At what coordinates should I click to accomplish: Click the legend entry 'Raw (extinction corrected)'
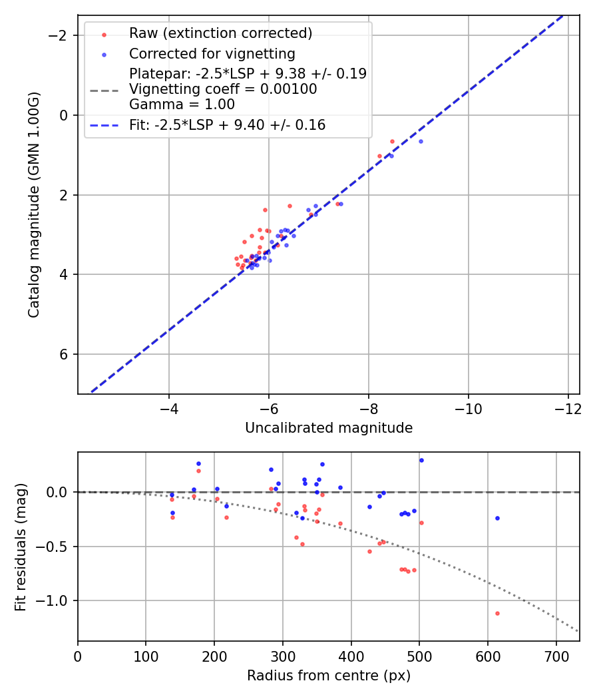220,33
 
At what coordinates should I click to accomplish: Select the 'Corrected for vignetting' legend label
212,54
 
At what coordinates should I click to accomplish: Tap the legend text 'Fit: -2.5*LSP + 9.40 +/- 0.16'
228,124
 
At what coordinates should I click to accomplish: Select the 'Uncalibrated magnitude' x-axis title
328,428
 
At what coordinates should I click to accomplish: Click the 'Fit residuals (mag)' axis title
21,547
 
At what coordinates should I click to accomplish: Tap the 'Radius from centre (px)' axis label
328,676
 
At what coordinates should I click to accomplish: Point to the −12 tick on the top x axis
568,407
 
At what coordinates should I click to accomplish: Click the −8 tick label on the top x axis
368,407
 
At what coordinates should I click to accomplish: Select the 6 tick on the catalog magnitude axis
65,354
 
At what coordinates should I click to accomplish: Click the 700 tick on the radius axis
556,655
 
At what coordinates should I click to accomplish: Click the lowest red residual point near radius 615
497,613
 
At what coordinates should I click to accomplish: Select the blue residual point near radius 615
497,518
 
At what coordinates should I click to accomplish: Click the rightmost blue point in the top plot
421,141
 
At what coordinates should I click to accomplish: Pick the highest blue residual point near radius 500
421,460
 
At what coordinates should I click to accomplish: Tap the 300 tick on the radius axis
283,655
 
